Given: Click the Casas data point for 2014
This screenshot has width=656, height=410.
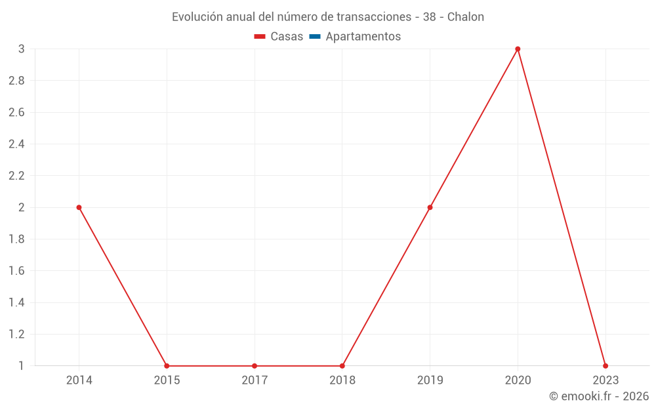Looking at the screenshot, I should point(79,207).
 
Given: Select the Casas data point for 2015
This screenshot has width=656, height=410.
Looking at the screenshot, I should point(167,366).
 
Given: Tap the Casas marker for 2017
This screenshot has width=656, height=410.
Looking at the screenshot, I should point(255,366).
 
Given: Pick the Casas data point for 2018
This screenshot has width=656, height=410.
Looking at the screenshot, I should point(342,366).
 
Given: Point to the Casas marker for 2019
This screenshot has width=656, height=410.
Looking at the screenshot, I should point(430,207).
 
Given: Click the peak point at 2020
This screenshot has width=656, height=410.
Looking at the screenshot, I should point(518,49).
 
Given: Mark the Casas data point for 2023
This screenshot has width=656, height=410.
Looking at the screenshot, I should point(605,366).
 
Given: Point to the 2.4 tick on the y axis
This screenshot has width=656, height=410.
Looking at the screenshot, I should point(16,144).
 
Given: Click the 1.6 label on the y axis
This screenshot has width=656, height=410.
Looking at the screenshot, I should point(16,271).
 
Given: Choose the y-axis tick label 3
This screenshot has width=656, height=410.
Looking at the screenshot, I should point(21,49).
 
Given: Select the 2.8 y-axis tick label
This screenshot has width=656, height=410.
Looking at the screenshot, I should point(16,81).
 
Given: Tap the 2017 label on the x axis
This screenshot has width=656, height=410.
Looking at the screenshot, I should point(255,380).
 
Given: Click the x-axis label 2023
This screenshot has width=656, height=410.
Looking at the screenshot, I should point(605,380).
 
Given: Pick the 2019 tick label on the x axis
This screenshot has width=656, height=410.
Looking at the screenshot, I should point(430,380).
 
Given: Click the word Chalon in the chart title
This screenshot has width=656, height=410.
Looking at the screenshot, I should point(466,17).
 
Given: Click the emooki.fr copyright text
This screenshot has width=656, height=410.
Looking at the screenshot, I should point(599,396).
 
